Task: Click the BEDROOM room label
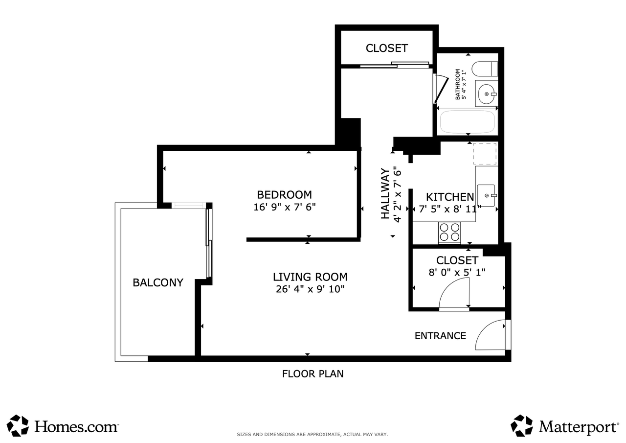pos(284,194)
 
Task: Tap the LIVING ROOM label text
pos(310,277)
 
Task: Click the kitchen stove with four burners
pos(449,232)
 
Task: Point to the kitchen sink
pos(486,196)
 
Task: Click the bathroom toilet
pos(485,69)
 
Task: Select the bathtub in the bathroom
pos(468,121)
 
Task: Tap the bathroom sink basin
pos(487,93)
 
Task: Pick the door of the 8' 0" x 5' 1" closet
pos(454,294)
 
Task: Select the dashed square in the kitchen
pos(485,154)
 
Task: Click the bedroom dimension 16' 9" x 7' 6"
pos(284,207)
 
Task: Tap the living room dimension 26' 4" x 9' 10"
pos(310,289)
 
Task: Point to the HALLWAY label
pos(386,193)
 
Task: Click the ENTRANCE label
pos(440,336)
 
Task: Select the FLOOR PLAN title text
pos(313,374)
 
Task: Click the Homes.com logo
pos(63,426)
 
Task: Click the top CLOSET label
pos(386,48)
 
